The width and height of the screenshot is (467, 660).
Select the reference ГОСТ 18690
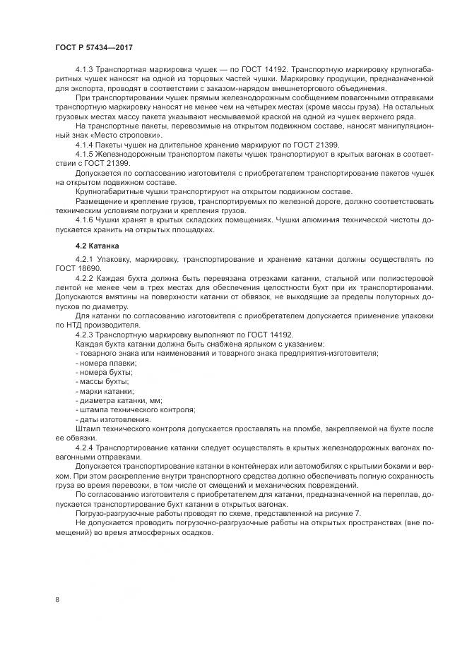point(78,270)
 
